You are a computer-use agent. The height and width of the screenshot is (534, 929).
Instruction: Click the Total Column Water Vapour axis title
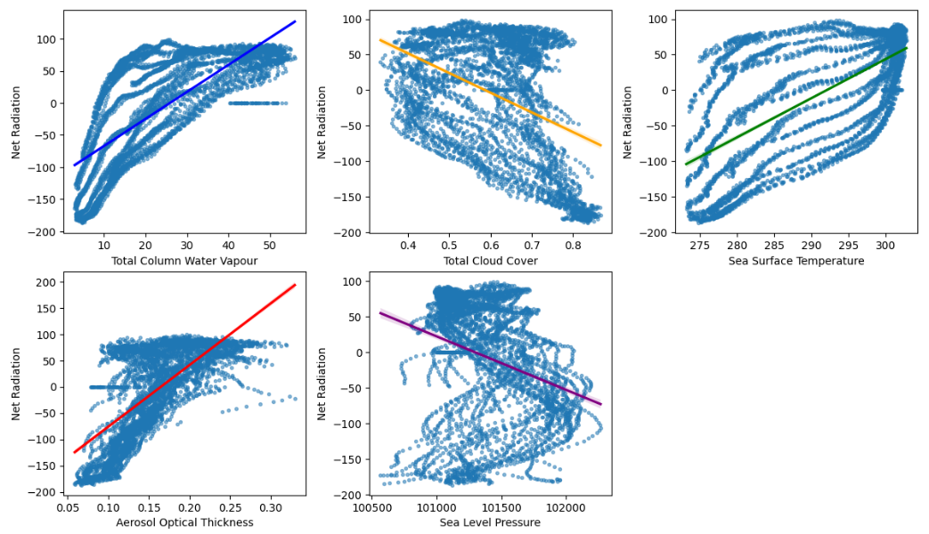tap(185, 261)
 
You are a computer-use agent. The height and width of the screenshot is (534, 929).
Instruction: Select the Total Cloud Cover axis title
tap(491, 261)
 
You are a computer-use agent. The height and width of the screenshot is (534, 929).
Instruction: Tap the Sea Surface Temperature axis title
tap(796, 261)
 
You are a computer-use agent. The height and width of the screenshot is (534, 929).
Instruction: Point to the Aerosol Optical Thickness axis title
tap(185, 522)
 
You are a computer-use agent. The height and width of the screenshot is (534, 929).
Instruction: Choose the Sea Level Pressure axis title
tap(491, 522)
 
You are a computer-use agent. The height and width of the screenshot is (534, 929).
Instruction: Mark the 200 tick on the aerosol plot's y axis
tap(42, 282)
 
